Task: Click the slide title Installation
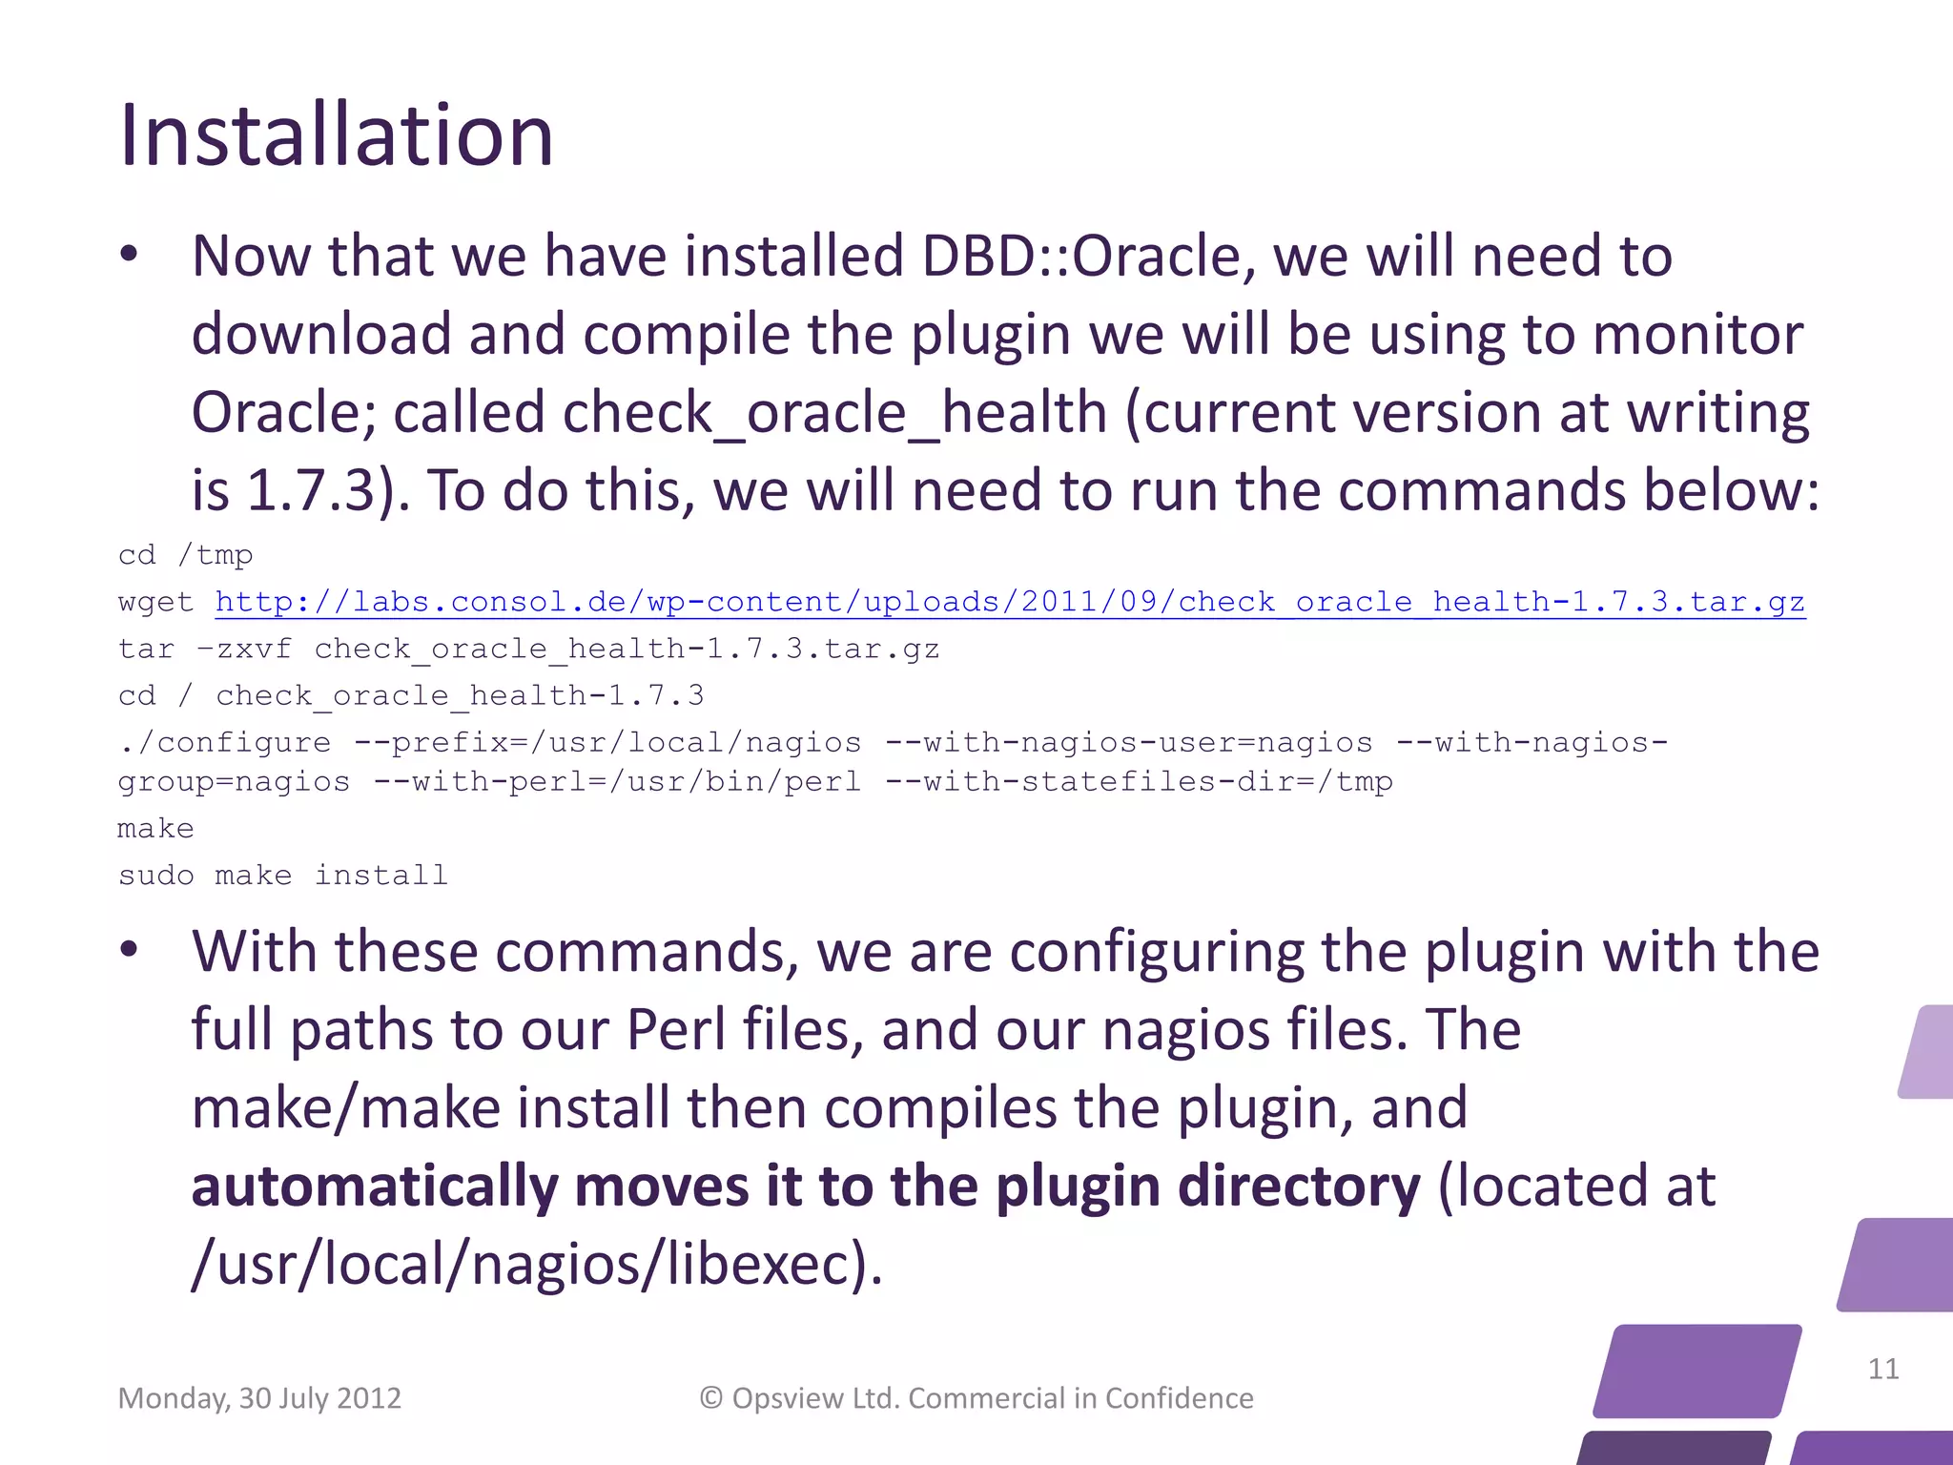(336, 135)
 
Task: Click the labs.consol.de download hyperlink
(1010, 602)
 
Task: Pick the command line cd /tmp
(185, 555)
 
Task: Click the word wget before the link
(155, 603)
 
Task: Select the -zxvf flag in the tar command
(243, 650)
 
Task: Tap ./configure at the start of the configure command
(224, 743)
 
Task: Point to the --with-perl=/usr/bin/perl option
(617, 782)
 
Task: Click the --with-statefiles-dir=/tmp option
(1139, 782)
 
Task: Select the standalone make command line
(155, 829)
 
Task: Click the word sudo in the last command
(155, 876)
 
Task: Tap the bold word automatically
(375, 1187)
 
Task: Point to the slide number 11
(1882, 1369)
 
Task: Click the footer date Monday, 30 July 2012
(259, 1398)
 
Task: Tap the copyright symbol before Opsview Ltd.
(711, 1398)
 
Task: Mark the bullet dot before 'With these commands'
(130, 950)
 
